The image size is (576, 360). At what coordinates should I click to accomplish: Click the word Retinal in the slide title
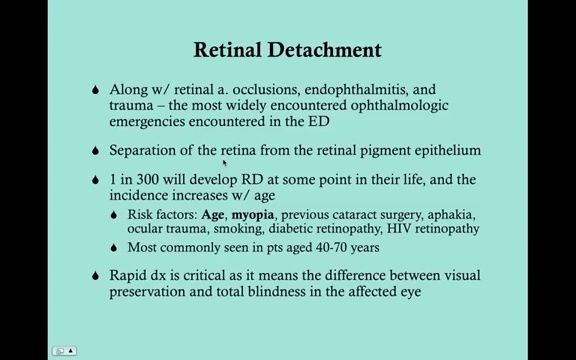pos(231,50)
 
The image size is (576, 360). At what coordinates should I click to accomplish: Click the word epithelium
pos(444,151)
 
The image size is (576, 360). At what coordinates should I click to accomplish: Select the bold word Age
pos(212,214)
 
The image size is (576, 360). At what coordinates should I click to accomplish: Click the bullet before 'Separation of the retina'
pos(93,151)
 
